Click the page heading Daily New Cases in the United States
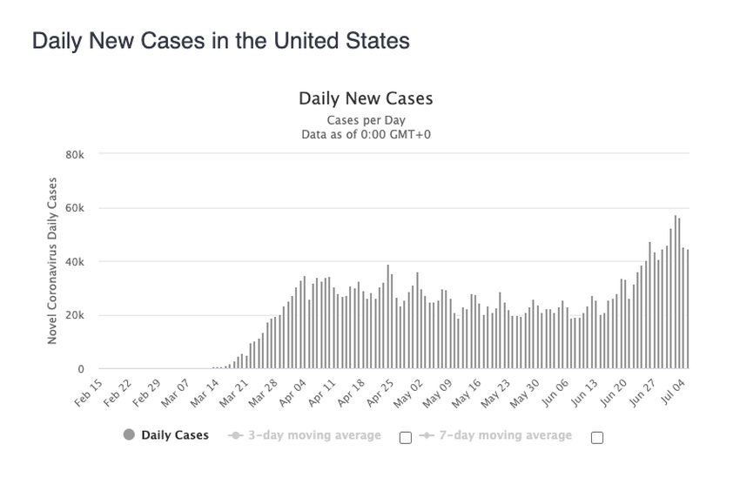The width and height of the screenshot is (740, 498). pyautogui.click(x=220, y=41)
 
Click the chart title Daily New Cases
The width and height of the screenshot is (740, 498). pyautogui.click(x=366, y=98)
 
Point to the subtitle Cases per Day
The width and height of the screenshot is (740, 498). pyautogui.click(x=366, y=119)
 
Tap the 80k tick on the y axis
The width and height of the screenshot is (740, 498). pyautogui.click(x=74, y=155)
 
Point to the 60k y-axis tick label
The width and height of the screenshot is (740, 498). pyautogui.click(x=74, y=209)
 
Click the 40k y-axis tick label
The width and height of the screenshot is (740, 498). pyautogui.click(x=74, y=262)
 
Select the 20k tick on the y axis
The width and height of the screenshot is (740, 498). pyautogui.click(x=74, y=316)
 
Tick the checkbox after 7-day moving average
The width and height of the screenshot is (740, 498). pyautogui.click(x=597, y=438)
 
